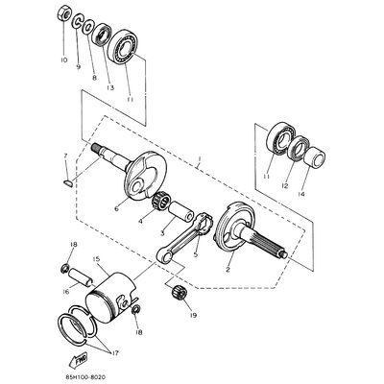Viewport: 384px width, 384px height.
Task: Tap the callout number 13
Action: [111, 87]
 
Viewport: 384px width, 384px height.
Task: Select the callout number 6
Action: [118, 205]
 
